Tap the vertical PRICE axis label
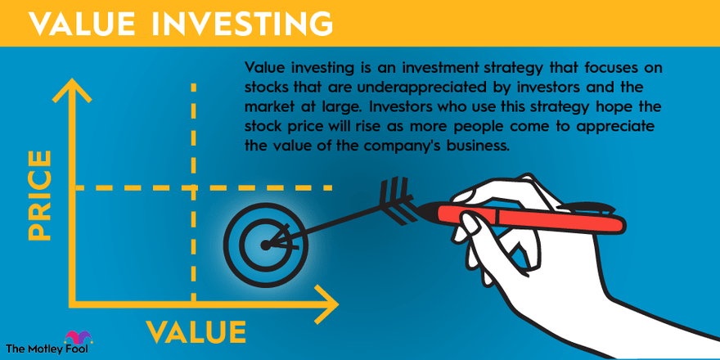point(40,196)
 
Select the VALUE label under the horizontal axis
point(196,331)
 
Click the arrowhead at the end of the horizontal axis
point(327,304)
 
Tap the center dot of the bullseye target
point(265,245)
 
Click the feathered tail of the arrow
point(398,201)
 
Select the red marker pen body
point(530,219)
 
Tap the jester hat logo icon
point(79,337)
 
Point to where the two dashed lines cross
point(193,187)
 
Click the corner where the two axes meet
point(72,304)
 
